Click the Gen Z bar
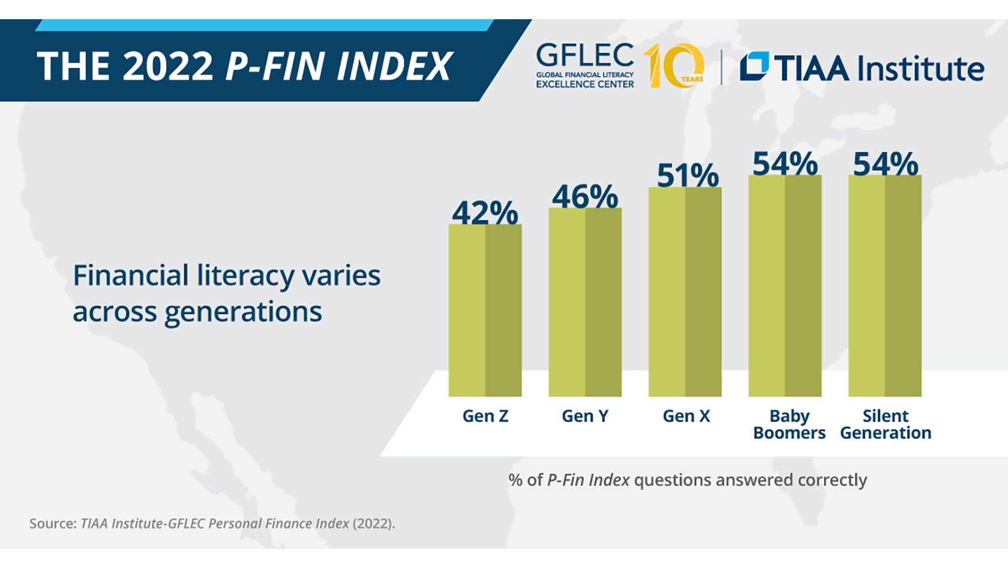485,310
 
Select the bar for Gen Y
585,302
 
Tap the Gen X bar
685,292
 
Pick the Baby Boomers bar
785,286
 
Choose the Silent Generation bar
884,286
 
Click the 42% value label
485,213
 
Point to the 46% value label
585,196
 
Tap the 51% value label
688,175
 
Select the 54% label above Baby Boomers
785,163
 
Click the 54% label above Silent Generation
886,163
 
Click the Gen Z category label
485,416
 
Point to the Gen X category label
686,416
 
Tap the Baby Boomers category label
789,424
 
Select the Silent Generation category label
886,424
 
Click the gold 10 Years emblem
674,66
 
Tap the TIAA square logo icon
754,67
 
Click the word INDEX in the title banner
394,66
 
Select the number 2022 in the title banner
168,66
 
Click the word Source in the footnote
52,524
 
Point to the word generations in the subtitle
243,312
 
